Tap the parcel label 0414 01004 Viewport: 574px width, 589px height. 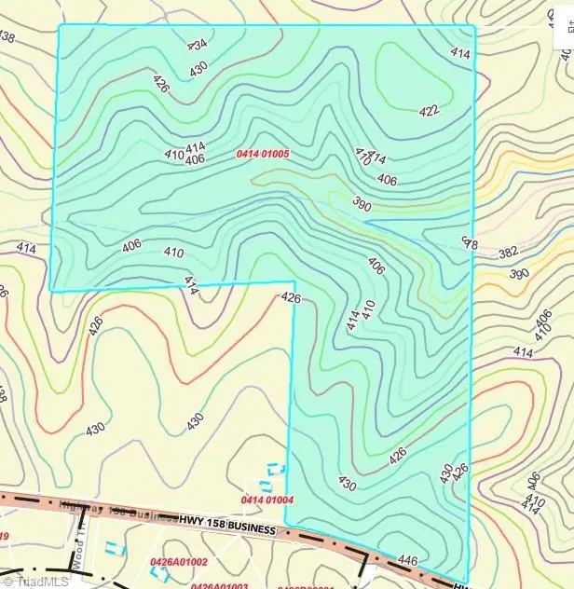(267, 500)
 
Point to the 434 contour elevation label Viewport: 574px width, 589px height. (197, 44)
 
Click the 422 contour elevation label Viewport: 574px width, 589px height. (429, 111)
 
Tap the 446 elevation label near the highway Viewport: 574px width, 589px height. (408, 560)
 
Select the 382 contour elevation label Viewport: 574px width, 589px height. (534, 253)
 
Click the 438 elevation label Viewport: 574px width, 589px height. (7, 37)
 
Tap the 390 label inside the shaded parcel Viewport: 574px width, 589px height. (362, 202)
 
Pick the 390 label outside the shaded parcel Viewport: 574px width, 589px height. (519, 274)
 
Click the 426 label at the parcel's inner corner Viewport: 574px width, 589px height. (291, 298)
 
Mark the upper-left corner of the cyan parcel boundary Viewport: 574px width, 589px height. (60, 25)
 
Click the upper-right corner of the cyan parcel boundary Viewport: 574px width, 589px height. (475, 26)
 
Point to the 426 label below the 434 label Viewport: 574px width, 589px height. (162, 85)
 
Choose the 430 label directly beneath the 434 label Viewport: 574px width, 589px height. (198, 68)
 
